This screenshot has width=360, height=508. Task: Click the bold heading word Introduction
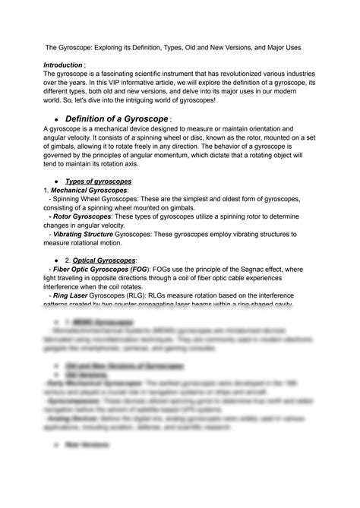coord(64,65)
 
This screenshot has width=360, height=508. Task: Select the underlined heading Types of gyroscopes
coord(98,181)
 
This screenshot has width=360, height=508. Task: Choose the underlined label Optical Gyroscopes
coord(105,260)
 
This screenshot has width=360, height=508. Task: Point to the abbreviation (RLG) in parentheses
coord(166,295)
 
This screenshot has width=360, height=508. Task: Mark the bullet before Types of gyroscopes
coord(56,182)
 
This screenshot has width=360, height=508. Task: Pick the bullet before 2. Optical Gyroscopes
coord(56,261)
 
